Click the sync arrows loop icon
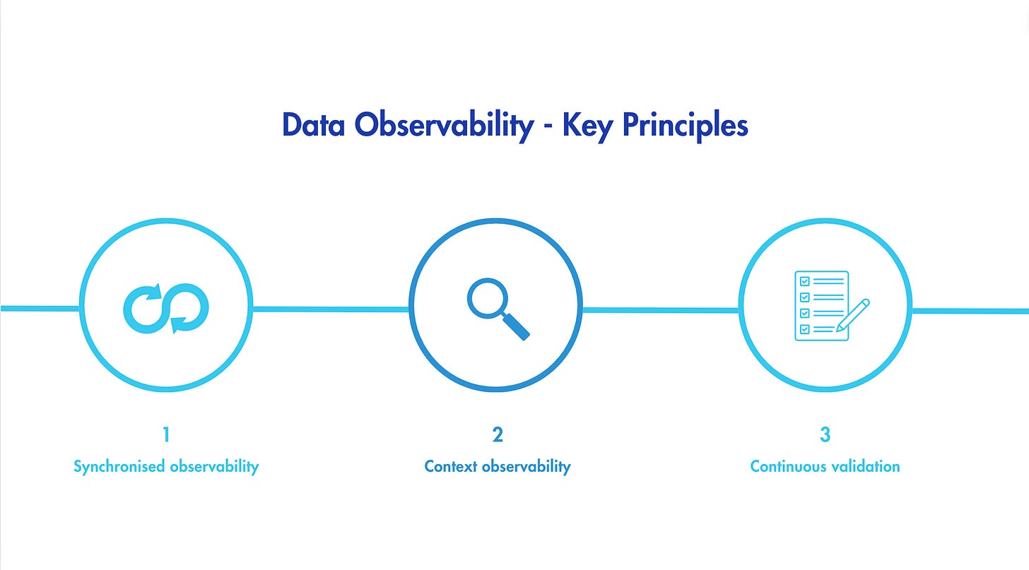click(166, 308)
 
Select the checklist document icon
click(822, 306)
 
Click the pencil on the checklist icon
click(853, 315)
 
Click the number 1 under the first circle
click(166, 434)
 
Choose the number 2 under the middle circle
click(498, 434)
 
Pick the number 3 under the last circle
click(825, 434)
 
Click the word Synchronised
click(117, 467)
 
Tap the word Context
click(450, 467)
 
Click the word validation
click(866, 467)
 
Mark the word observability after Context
click(525, 467)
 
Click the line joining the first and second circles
click(331, 309)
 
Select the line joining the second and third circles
click(660, 309)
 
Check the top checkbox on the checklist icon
click(803, 280)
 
